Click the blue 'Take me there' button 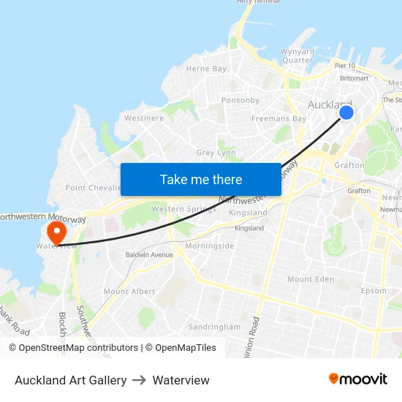(201, 179)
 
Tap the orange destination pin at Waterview (56, 233)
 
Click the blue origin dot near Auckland (346, 112)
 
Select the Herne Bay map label (206, 69)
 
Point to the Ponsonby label (240, 100)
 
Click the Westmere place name (144, 118)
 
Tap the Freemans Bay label (278, 118)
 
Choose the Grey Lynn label (216, 153)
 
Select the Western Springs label (183, 209)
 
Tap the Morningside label (210, 246)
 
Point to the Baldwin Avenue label (149, 255)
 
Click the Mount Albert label (129, 291)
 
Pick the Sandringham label (214, 327)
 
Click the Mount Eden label (310, 279)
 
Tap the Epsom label (373, 291)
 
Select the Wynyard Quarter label (297, 56)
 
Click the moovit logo (357, 379)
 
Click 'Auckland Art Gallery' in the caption (71, 380)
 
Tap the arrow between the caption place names (140, 380)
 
